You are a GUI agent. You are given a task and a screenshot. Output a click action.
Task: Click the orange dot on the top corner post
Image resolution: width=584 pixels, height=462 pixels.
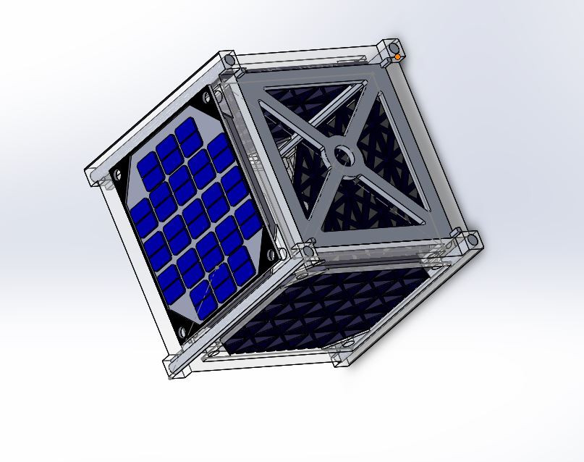click(x=397, y=56)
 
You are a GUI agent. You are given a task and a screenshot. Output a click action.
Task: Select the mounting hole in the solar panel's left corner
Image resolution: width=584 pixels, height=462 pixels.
click(x=116, y=175)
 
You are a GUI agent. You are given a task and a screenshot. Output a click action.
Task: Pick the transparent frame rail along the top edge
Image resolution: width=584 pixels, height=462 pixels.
click(x=311, y=55)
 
